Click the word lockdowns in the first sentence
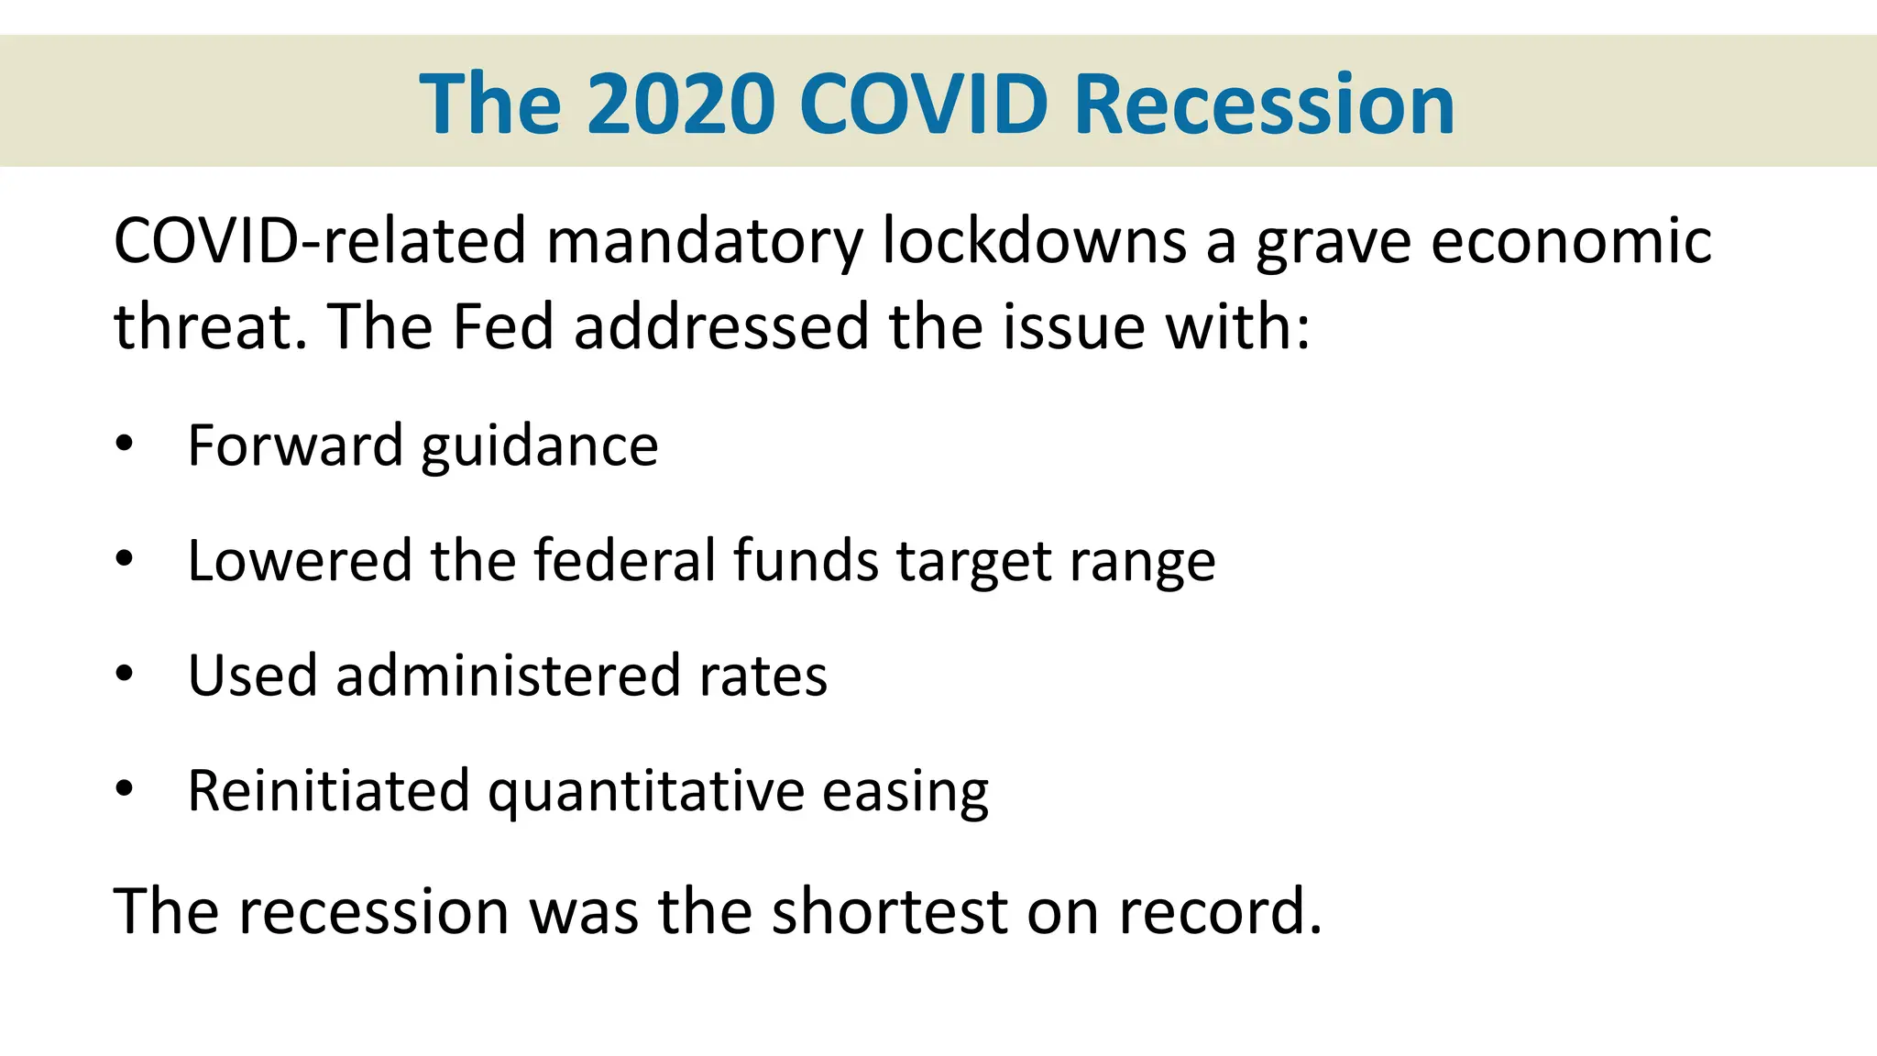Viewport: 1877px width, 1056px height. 1034,241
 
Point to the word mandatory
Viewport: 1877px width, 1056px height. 705,241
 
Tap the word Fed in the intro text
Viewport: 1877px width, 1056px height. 503,326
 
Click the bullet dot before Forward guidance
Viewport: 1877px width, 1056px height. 125,445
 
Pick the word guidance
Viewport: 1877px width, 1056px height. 540,446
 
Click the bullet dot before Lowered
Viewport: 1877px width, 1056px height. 125,559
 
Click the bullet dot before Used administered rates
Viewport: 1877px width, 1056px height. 125,675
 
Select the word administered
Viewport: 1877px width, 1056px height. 508,676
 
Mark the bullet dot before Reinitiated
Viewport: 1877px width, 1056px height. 125,788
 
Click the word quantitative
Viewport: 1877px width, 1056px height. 646,791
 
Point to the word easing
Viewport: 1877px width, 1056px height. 905,791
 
